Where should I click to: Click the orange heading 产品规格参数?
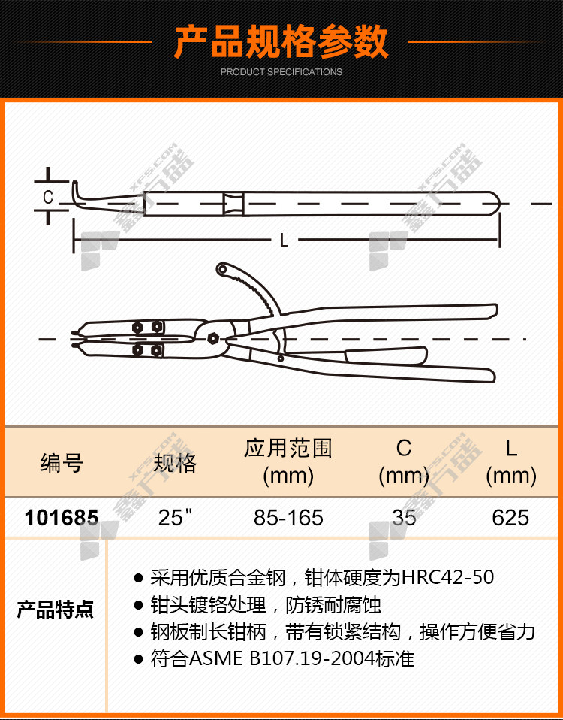coord(281,42)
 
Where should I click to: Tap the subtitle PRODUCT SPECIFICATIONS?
coord(281,72)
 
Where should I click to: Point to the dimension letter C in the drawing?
coord(48,198)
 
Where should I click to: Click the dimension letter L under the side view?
coord(285,241)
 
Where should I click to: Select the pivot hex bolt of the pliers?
coord(212,339)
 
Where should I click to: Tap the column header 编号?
coord(62,463)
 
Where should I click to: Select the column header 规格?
coord(175,463)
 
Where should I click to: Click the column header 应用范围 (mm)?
coord(288,462)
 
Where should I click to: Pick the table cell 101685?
coord(62,518)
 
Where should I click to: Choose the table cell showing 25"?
coord(175,518)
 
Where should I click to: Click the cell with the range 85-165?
coord(288,518)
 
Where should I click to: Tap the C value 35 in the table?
coord(404,518)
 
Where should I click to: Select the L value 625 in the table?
coord(510,518)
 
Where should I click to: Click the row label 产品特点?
coord(55,610)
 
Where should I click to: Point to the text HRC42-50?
coord(447,577)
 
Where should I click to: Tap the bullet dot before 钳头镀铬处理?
coord(138,605)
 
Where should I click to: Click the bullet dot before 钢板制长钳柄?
coord(138,633)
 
